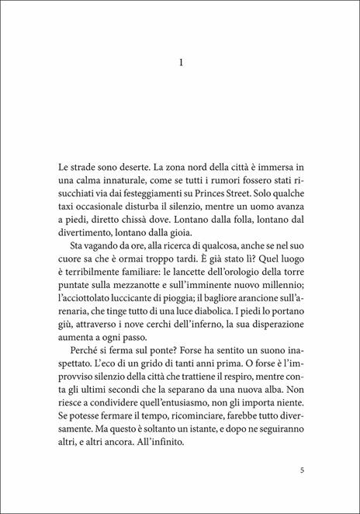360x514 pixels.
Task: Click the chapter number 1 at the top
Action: (x=179, y=67)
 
